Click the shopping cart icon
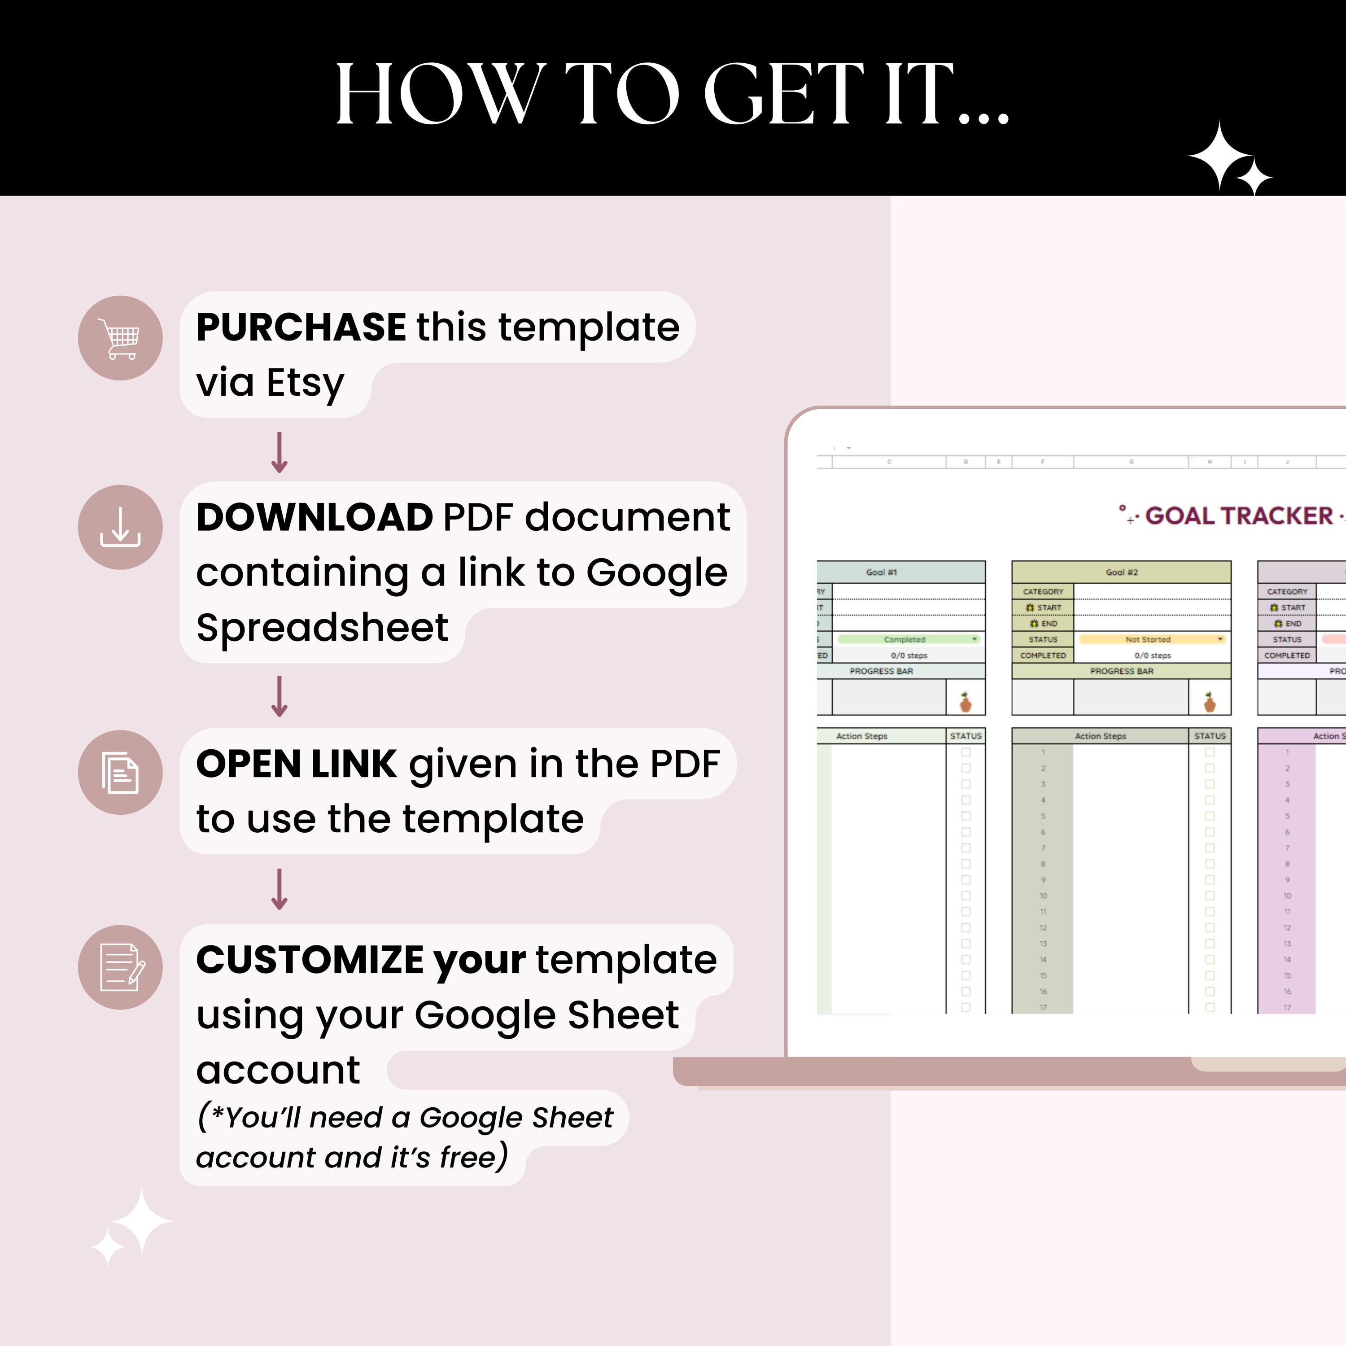(121, 339)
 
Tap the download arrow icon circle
(121, 527)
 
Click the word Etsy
(305, 382)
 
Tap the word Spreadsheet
(322, 627)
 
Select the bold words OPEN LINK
(296, 764)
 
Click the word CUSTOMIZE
(309, 960)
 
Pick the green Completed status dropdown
(909, 639)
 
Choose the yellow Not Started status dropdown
(1152, 639)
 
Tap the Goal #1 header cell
(881, 572)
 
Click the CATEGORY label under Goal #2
(1043, 591)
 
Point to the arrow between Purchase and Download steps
(280, 452)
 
